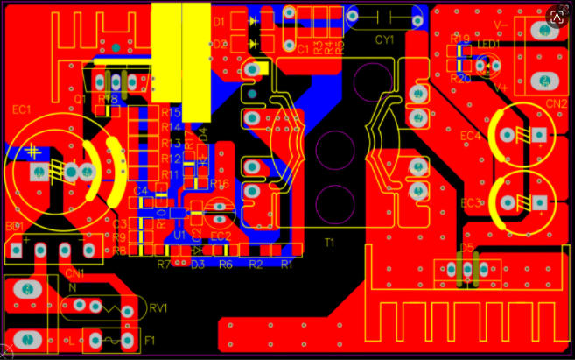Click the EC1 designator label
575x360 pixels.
coord(22,110)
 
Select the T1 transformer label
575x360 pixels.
coord(330,242)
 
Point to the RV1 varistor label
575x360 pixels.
coord(158,307)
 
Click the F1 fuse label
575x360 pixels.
coord(150,339)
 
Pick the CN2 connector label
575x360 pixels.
coord(557,103)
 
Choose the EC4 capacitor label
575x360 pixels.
coord(470,136)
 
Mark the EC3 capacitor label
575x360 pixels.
coord(471,203)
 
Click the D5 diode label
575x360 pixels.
coord(466,248)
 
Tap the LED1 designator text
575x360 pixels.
coord(487,43)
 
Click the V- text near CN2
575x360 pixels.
coord(501,25)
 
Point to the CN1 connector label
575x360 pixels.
coord(75,272)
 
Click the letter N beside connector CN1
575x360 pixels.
coord(71,287)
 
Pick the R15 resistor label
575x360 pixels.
coord(171,112)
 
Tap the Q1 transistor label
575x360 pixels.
coord(80,100)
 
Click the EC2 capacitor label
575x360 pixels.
coord(220,236)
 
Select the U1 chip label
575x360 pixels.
coord(179,236)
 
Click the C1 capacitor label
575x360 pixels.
coord(303,50)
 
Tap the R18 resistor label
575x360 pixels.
coord(109,100)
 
